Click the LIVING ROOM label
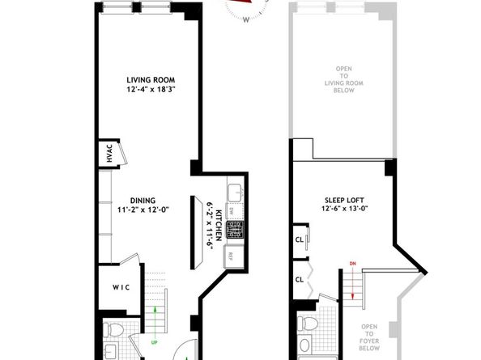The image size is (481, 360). point(151,79)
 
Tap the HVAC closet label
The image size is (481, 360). point(109,155)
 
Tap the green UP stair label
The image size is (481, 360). point(152,327)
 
